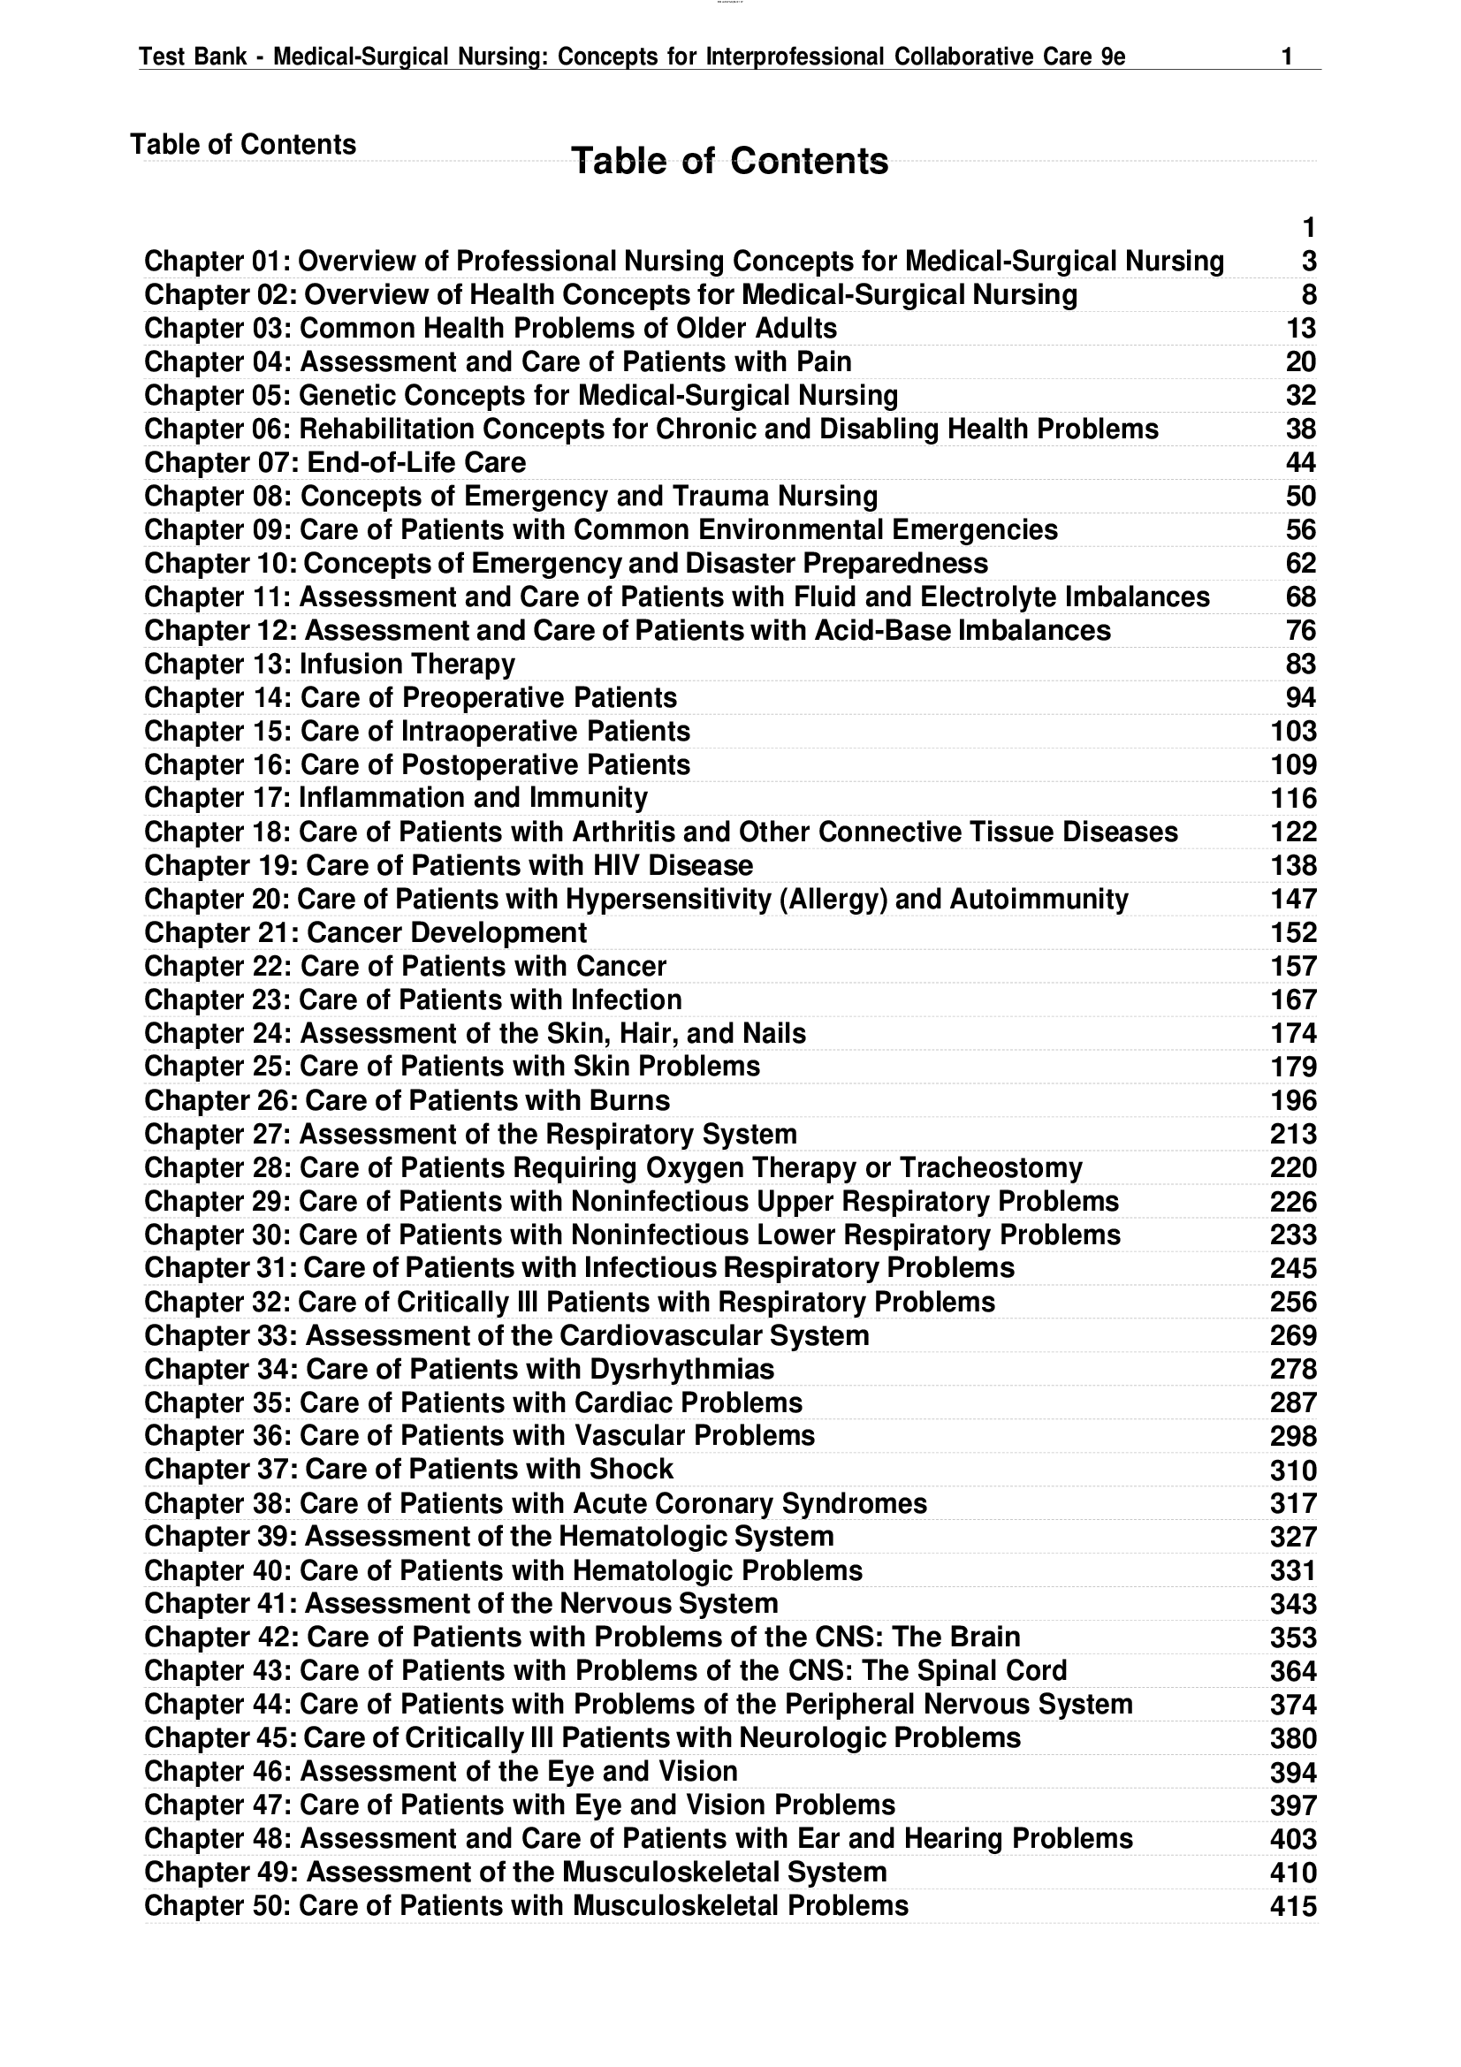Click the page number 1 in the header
tap(1286, 57)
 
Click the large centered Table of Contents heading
tap(729, 161)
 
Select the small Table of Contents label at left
tap(243, 144)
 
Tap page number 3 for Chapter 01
tap(1308, 261)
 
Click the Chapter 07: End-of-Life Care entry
tap(335, 463)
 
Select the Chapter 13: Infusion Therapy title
tap(330, 665)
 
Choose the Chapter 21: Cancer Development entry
tap(366, 932)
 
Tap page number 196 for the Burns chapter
tap(1294, 1101)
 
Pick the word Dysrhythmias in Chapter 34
tap(681, 1369)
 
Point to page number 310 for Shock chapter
tap(1294, 1470)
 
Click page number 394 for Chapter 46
tap(1294, 1773)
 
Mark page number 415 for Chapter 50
tap(1294, 1907)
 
